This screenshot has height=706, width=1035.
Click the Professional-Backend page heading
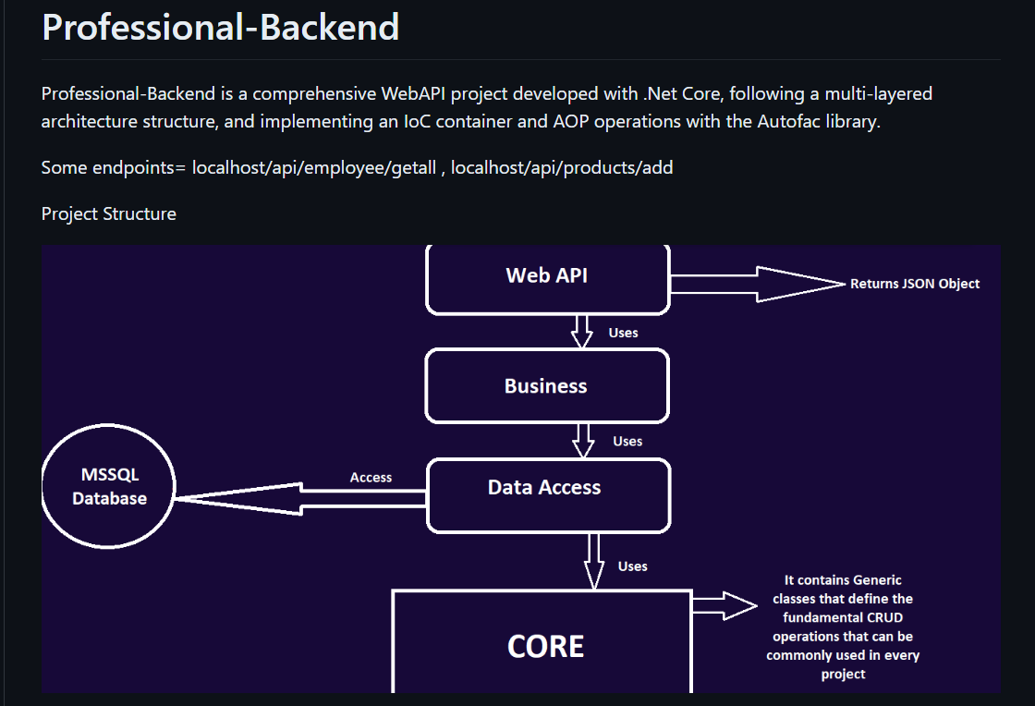[221, 28]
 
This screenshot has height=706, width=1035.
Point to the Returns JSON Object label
[914, 284]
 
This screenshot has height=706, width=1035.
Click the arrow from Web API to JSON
[758, 285]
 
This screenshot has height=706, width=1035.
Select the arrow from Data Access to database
[300, 499]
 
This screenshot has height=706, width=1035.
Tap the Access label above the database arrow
[371, 477]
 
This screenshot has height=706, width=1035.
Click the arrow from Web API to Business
[581, 332]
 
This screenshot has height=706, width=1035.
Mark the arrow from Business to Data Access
[583, 441]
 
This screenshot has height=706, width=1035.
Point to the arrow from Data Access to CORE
[594, 561]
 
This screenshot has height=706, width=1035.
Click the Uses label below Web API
[623, 333]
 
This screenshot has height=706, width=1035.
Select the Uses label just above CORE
[632, 566]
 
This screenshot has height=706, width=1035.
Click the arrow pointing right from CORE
[724, 605]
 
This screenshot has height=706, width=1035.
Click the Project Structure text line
[109, 213]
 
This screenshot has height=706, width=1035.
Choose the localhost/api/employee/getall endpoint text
[314, 167]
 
